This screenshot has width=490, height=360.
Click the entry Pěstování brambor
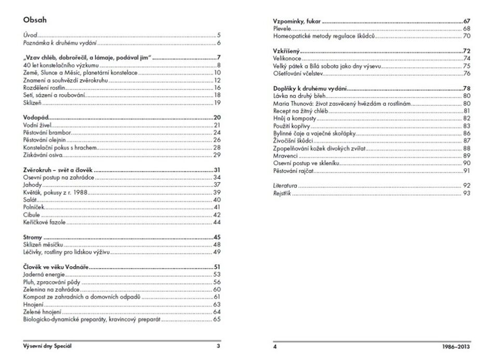coord(47,132)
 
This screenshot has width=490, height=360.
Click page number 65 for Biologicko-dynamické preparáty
coord(217,319)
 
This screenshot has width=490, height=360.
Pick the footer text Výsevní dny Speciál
coord(47,345)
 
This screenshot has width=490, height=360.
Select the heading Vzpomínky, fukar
coord(297,21)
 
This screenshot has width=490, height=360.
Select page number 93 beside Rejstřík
coord(467,193)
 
